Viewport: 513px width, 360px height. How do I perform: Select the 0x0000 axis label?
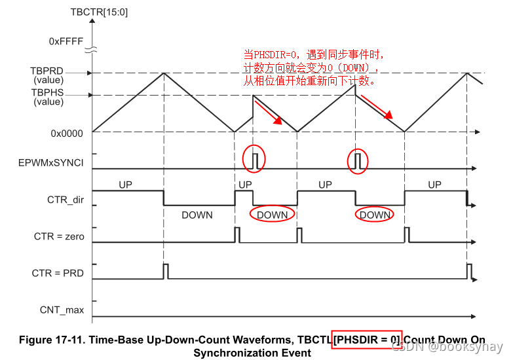[x=67, y=133]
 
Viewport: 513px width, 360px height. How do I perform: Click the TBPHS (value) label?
[x=47, y=98]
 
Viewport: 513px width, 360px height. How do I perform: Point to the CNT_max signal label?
[x=62, y=310]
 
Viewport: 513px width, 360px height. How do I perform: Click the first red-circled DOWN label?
[x=272, y=215]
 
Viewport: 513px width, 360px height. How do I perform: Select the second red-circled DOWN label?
[x=375, y=215]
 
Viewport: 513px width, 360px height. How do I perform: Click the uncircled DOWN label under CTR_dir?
[x=197, y=215]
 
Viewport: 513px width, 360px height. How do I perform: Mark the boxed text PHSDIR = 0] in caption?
[x=367, y=340]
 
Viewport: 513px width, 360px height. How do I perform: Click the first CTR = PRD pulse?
[x=166, y=270]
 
